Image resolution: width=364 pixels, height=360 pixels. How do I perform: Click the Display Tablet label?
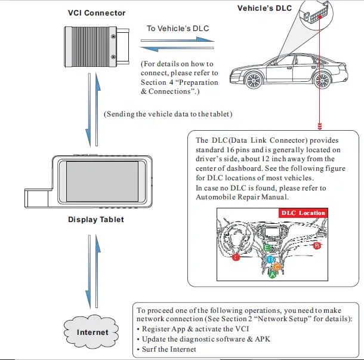point(96,219)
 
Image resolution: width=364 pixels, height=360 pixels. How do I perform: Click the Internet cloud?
point(93,332)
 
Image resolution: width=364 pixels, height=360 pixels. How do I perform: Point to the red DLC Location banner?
point(304,213)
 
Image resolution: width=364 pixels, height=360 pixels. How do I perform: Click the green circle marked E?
point(267,246)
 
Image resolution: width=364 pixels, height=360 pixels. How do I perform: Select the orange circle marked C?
point(277,267)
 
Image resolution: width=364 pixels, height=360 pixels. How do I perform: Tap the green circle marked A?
point(273,275)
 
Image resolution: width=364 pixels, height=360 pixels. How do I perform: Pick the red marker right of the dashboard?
point(317,245)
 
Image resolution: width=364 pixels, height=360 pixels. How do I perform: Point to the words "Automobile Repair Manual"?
point(242,197)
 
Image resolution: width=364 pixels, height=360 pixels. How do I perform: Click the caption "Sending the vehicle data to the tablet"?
point(168,113)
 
